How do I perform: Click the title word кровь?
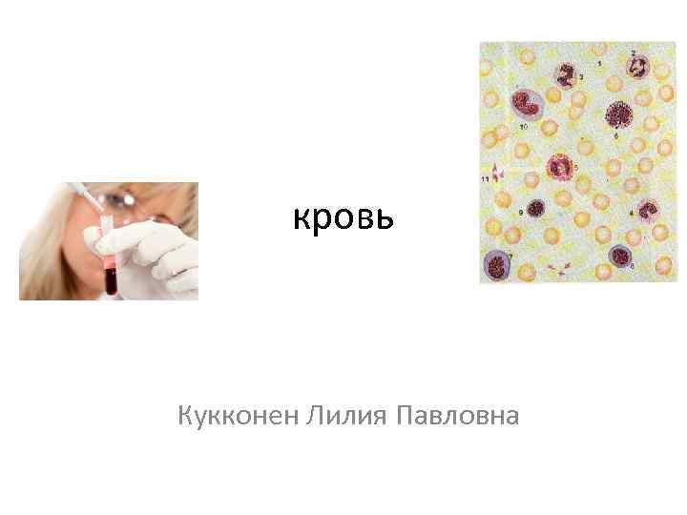[343, 220]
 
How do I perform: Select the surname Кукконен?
[239, 416]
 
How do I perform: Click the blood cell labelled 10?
[527, 104]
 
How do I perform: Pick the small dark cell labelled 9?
[537, 208]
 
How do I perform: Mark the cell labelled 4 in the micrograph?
[648, 209]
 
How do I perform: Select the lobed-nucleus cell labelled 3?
[565, 72]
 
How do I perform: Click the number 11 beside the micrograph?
[485, 178]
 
